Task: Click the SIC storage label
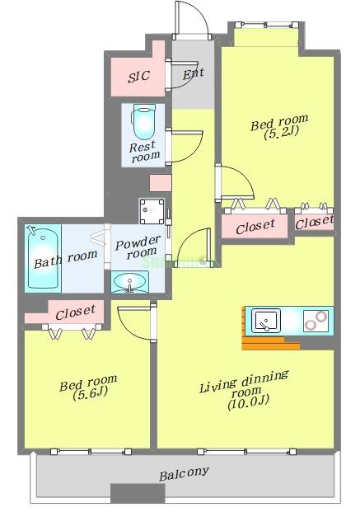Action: click(x=138, y=77)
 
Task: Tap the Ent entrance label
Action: click(x=193, y=74)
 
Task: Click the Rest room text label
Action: click(x=144, y=152)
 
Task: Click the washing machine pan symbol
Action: click(x=152, y=214)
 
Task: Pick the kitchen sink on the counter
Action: click(x=268, y=320)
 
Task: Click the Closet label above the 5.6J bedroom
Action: click(x=75, y=313)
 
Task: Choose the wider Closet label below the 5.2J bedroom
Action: click(x=255, y=228)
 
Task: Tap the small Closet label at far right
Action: click(x=314, y=223)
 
